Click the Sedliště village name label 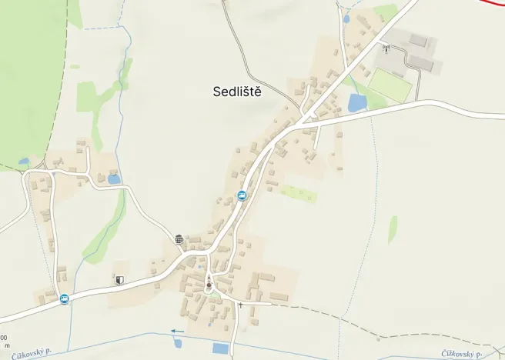pos(238,92)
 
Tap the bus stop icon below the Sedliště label pos(242,196)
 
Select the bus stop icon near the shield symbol pos(64,299)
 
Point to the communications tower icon pos(386,48)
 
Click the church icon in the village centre pos(209,285)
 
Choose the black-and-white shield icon pos(119,280)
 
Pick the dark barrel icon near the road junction pos(179,239)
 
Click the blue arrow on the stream pos(178,332)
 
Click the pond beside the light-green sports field pos(357,102)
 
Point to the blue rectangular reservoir pos(220,348)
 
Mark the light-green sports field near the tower pos(391,84)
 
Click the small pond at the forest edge pos(24,162)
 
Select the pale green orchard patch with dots pos(298,192)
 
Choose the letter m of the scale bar pos(7,345)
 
